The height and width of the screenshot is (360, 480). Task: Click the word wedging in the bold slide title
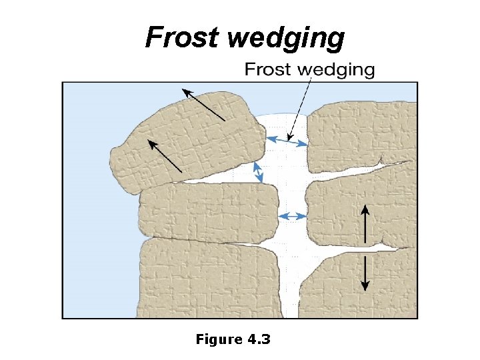pos(286,39)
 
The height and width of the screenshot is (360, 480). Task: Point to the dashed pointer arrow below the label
pos(300,107)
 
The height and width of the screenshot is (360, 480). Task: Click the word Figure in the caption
pos(219,339)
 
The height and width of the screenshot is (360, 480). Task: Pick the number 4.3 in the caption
pos(259,339)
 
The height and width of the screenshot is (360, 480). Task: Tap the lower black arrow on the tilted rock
pos(165,155)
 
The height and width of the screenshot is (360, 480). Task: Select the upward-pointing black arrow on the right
pos(365,223)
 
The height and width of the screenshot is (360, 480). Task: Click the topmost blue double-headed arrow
pos(287,140)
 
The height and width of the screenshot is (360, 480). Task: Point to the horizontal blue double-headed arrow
pos(291,216)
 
